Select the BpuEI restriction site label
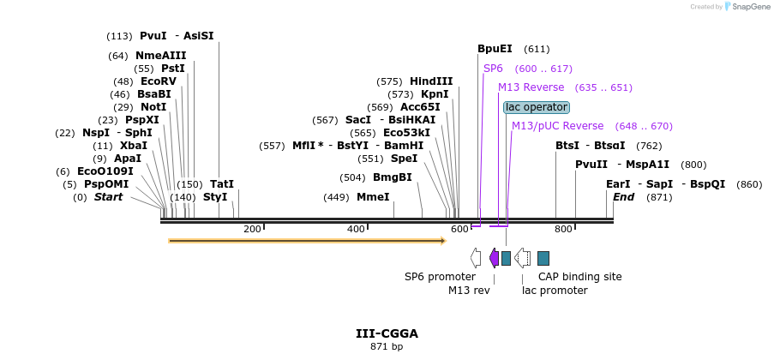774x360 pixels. (x=495, y=49)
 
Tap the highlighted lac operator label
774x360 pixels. (x=537, y=107)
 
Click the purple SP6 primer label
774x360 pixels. (x=493, y=68)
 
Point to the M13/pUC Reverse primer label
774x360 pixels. (x=557, y=126)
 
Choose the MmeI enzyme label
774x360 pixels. (x=372, y=197)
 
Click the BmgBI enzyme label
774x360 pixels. (x=392, y=177)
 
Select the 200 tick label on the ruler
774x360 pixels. (x=252, y=229)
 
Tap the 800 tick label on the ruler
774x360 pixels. (x=563, y=229)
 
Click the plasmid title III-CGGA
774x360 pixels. (x=387, y=333)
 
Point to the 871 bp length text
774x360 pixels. (x=387, y=347)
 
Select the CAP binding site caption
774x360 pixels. (x=579, y=277)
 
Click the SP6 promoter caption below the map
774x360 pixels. (x=440, y=277)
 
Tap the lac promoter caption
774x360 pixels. (x=555, y=291)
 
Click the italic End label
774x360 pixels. (x=623, y=197)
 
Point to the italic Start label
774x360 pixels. (x=108, y=197)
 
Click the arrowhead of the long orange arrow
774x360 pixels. (x=441, y=241)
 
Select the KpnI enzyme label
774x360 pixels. (x=435, y=94)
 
